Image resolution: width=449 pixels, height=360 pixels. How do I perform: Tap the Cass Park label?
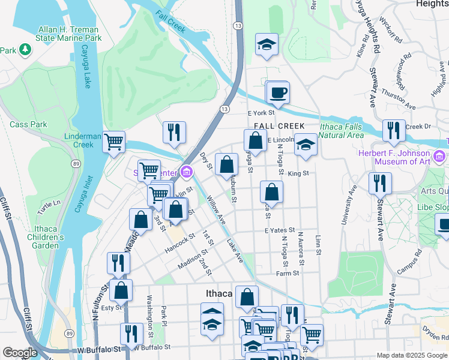[x=28, y=124]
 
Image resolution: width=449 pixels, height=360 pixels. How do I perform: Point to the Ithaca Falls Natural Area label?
[x=341, y=131]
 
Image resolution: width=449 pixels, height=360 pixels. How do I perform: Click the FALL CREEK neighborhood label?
[x=279, y=125]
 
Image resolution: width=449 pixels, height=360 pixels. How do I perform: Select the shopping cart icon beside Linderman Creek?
[x=113, y=143]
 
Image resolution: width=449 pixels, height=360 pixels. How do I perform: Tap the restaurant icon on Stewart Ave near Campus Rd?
[x=380, y=182]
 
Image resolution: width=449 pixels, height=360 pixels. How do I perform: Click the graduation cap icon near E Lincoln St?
[x=306, y=145]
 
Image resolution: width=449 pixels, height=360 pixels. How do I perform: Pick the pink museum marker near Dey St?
[x=187, y=173]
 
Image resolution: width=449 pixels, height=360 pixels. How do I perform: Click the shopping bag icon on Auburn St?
[x=226, y=164]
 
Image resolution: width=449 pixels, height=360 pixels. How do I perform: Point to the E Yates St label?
[x=280, y=230]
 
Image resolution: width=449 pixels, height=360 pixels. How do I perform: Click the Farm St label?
[x=288, y=273]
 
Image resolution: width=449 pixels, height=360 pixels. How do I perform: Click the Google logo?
[x=20, y=352]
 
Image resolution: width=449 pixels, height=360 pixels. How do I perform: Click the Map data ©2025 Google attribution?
[x=411, y=355]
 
